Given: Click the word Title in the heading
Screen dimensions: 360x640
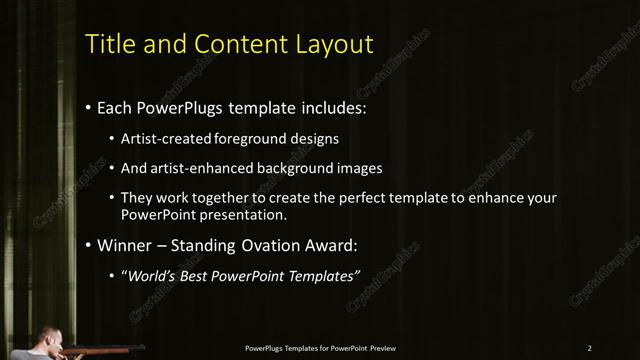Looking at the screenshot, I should pyautogui.click(x=108, y=44).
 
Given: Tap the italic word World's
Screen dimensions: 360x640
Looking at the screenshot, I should pyautogui.click(x=151, y=275).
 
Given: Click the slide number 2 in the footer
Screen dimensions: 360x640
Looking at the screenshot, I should pyautogui.click(x=590, y=348).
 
